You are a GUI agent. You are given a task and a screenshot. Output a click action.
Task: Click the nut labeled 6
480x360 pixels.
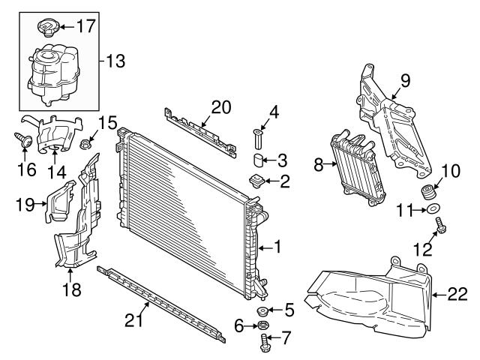tap(264, 325)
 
